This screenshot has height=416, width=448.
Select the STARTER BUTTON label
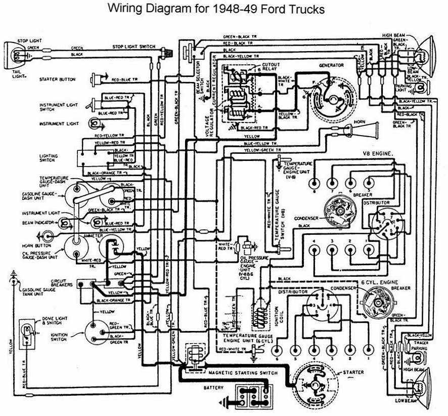57,79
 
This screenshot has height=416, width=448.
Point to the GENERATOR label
331,66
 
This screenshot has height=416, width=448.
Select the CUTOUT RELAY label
271,68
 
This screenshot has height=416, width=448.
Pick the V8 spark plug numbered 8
315,183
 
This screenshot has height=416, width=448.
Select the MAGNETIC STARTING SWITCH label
243,373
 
